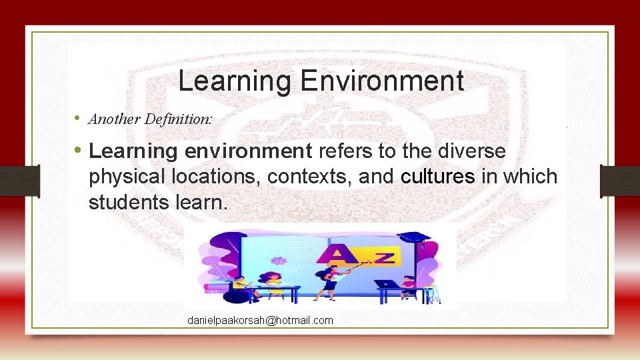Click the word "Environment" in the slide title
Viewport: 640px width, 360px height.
tap(381, 81)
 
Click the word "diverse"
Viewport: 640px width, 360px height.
tap(472, 151)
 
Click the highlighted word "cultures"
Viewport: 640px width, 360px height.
tap(438, 177)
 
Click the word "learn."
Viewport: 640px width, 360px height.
tap(203, 202)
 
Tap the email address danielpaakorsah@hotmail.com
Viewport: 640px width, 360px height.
tap(260, 321)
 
